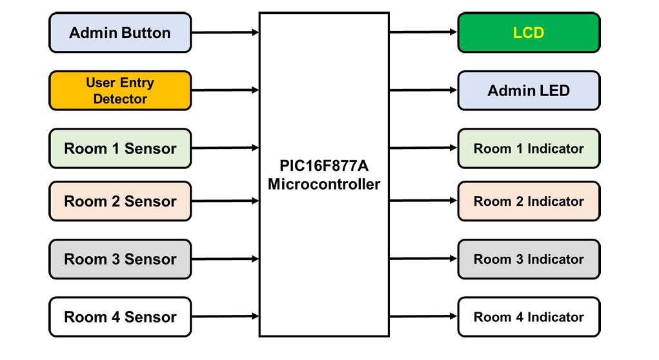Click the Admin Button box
click(120, 32)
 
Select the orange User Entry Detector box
click(120, 90)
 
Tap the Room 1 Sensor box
click(120, 148)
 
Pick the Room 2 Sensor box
click(120, 201)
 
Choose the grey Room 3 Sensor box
click(120, 259)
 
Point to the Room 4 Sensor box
click(120, 317)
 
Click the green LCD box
click(529, 32)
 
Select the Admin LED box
click(529, 90)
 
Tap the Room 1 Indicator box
click(529, 148)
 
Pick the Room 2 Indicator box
click(529, 201)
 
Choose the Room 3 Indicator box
click(529, 259)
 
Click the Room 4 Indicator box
click(529, 317)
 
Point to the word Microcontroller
click(324, 185)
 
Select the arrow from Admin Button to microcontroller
click(225, 32)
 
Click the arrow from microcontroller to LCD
click(423, 32)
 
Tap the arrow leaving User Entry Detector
click(225, 90)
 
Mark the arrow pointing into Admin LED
click(423, 90)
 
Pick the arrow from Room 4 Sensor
click(225, 317)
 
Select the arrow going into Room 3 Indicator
click(423, 259)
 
